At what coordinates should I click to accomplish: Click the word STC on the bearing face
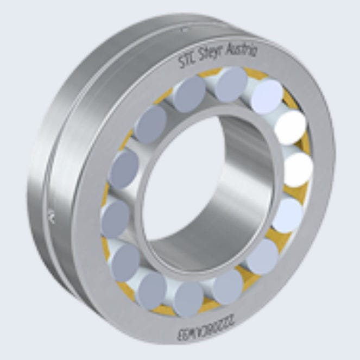tap(188, 61)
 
